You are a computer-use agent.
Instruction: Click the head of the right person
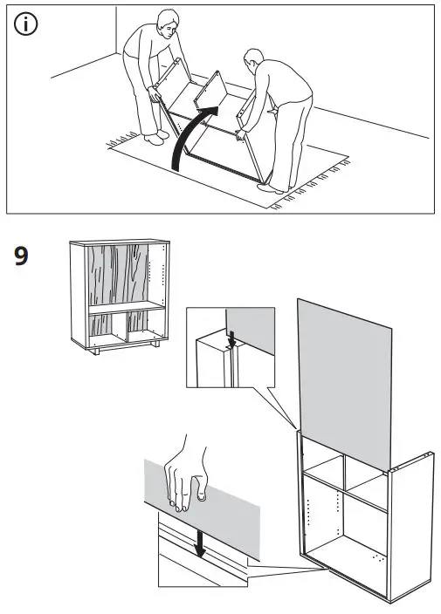point(252,61)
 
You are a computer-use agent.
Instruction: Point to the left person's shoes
point(155,137)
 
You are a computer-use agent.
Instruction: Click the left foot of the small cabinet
point(99,351)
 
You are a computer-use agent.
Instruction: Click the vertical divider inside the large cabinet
point(344,506)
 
